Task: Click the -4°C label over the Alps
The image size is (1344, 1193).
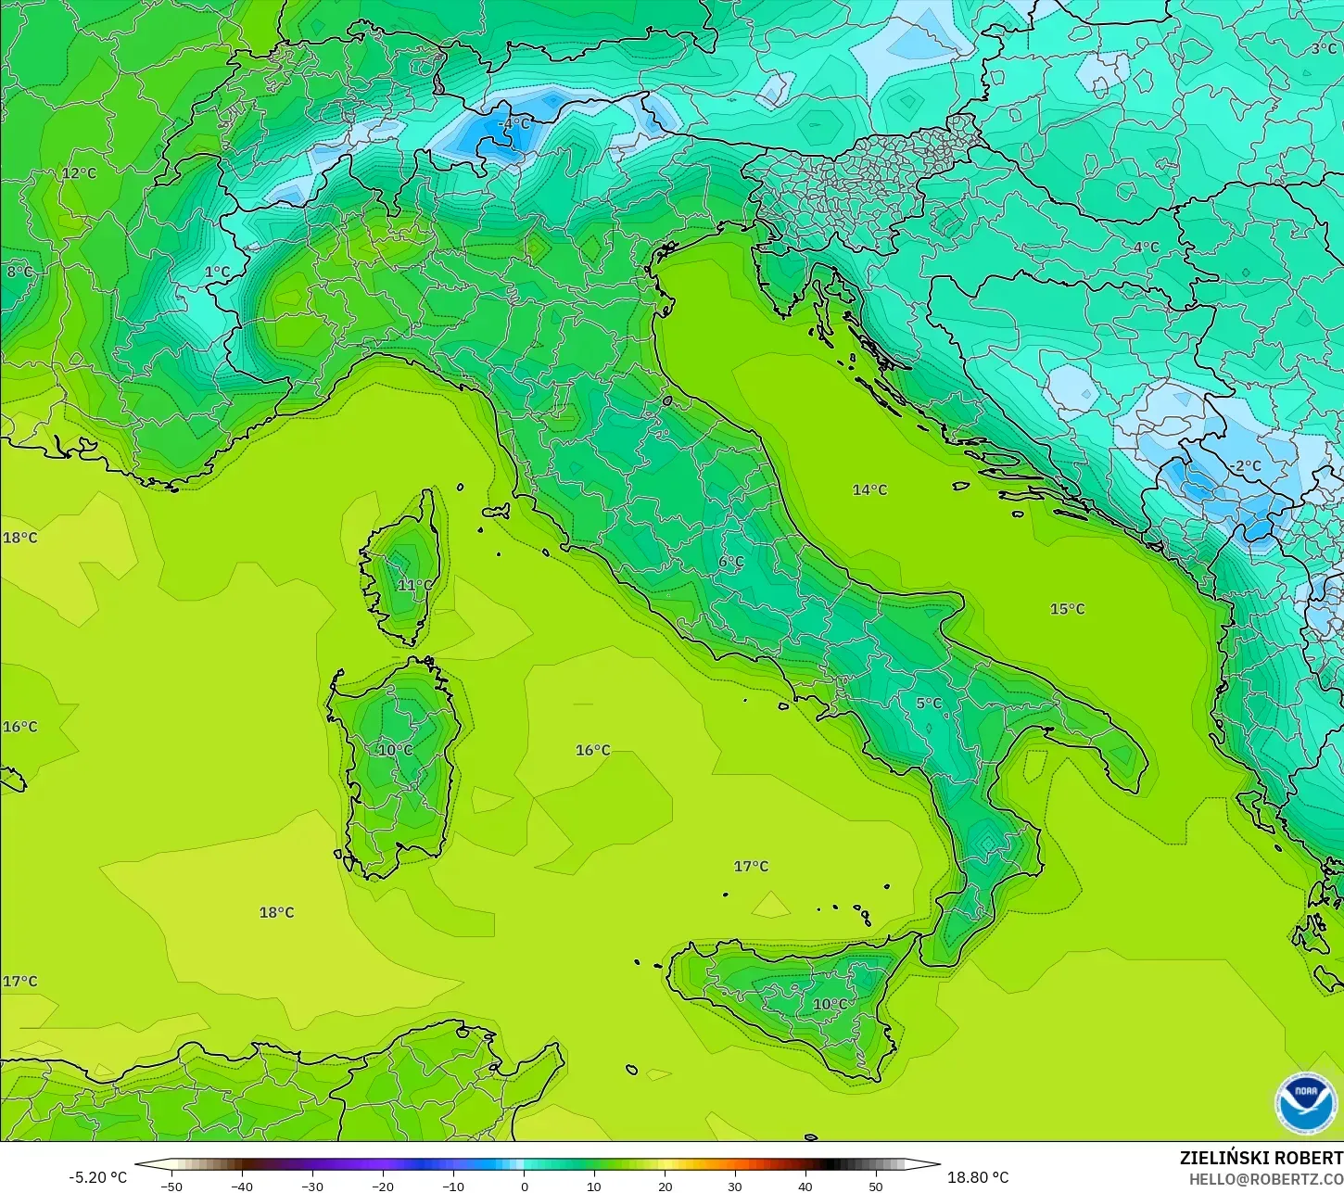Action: tap(514, 124)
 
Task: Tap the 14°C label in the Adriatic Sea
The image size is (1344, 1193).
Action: tap(869, 489)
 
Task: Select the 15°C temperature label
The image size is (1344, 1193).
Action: tap(1067, 609)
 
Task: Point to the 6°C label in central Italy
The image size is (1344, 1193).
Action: tap(731, 562)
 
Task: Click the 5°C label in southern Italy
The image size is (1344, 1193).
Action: tap(929, 704)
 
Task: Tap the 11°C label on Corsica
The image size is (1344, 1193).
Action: tap(414, 585)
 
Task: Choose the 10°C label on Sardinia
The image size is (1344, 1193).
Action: tap(395, 750)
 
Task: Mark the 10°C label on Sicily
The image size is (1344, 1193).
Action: tap(830, 1004)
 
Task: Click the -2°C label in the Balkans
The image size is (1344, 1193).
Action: tap(1247, 466)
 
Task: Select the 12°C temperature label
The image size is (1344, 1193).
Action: tap(79, 173)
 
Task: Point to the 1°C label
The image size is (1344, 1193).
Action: tap(217, 273)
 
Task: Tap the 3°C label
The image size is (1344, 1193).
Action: tap(1324, 48)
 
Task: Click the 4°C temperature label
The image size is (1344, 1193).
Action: tap(1146, 247)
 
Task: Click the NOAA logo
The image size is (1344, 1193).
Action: tap(1305, 1102)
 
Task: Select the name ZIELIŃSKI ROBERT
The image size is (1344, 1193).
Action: tap(1261, 1158)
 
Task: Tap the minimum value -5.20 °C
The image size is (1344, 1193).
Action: tap(97, 1177)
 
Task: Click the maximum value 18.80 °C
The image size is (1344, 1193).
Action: tap(978, 1177)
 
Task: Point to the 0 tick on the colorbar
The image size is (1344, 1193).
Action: tap(524, 1186)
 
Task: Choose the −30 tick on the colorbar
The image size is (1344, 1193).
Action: tap(312, 1186)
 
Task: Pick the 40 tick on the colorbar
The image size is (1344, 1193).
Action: tap(805, 1186)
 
